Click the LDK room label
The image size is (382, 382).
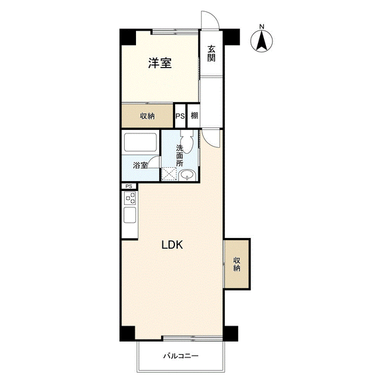click(x=172, y=245)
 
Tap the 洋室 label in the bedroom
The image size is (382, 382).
click(x=160, y=63)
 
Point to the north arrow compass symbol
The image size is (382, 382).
click(x=262, y=41)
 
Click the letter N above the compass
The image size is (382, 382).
click(x=262, y=27)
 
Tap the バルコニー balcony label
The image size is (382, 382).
click(x=181, y=356)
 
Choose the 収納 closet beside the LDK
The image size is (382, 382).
click(x=237, y=264)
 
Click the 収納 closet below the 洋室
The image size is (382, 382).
click(x=147, y=116)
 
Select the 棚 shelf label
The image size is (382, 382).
click(x=194, y=115)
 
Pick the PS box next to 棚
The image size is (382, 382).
click(x=180, y=116)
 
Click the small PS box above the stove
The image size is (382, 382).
click(x=129, y=186)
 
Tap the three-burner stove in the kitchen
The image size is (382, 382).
click(x=130, y=198)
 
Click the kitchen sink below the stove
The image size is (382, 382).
click(x=130, y=215)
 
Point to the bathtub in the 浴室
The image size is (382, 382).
click(x=141, y=143)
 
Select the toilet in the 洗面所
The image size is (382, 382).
click(x=187, y=142)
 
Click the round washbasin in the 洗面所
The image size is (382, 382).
click(x=187, y=175)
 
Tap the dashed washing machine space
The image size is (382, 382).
click(x=169, y=174)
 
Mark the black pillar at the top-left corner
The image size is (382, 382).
click(x=128, y=37)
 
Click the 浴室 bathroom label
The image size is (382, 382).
click(x=141, y=165)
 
